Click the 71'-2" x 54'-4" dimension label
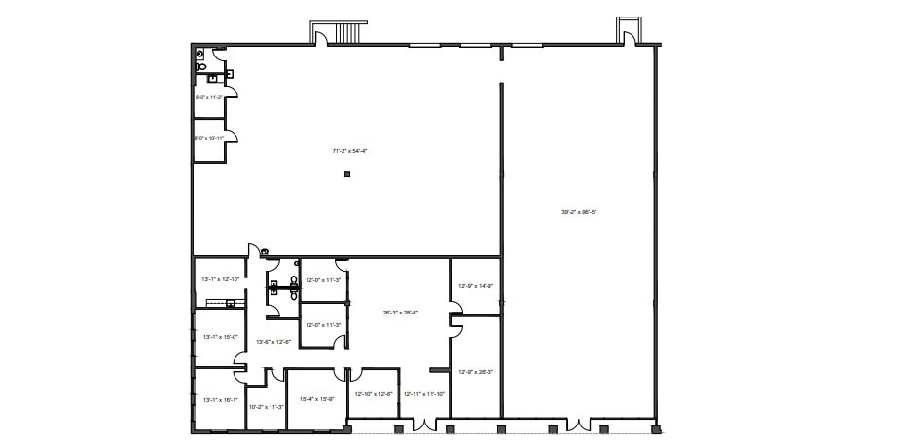click(348, 151)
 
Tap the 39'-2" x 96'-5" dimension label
click(578, 211)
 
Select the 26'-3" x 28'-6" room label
click(400, 313)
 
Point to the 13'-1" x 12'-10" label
click(219, 279)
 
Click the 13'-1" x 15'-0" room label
click(219, 338)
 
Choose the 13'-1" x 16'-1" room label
click(219, 399)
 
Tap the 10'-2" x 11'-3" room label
click(266, 407)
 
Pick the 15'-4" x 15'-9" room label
click(317, 399)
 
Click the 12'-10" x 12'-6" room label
click(374, 394)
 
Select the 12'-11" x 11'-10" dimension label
click(424, 394)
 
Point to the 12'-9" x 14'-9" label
click(477, 286)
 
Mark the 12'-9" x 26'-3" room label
click(477, 371)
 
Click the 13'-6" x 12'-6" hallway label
click(273, 342)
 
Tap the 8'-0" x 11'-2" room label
click(209, 97)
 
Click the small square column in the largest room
click(346, 175)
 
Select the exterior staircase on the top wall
click(347, 33)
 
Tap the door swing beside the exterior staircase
click(321, 35)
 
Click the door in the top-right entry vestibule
click(629, 35)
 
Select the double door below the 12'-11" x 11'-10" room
click(423, 425)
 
